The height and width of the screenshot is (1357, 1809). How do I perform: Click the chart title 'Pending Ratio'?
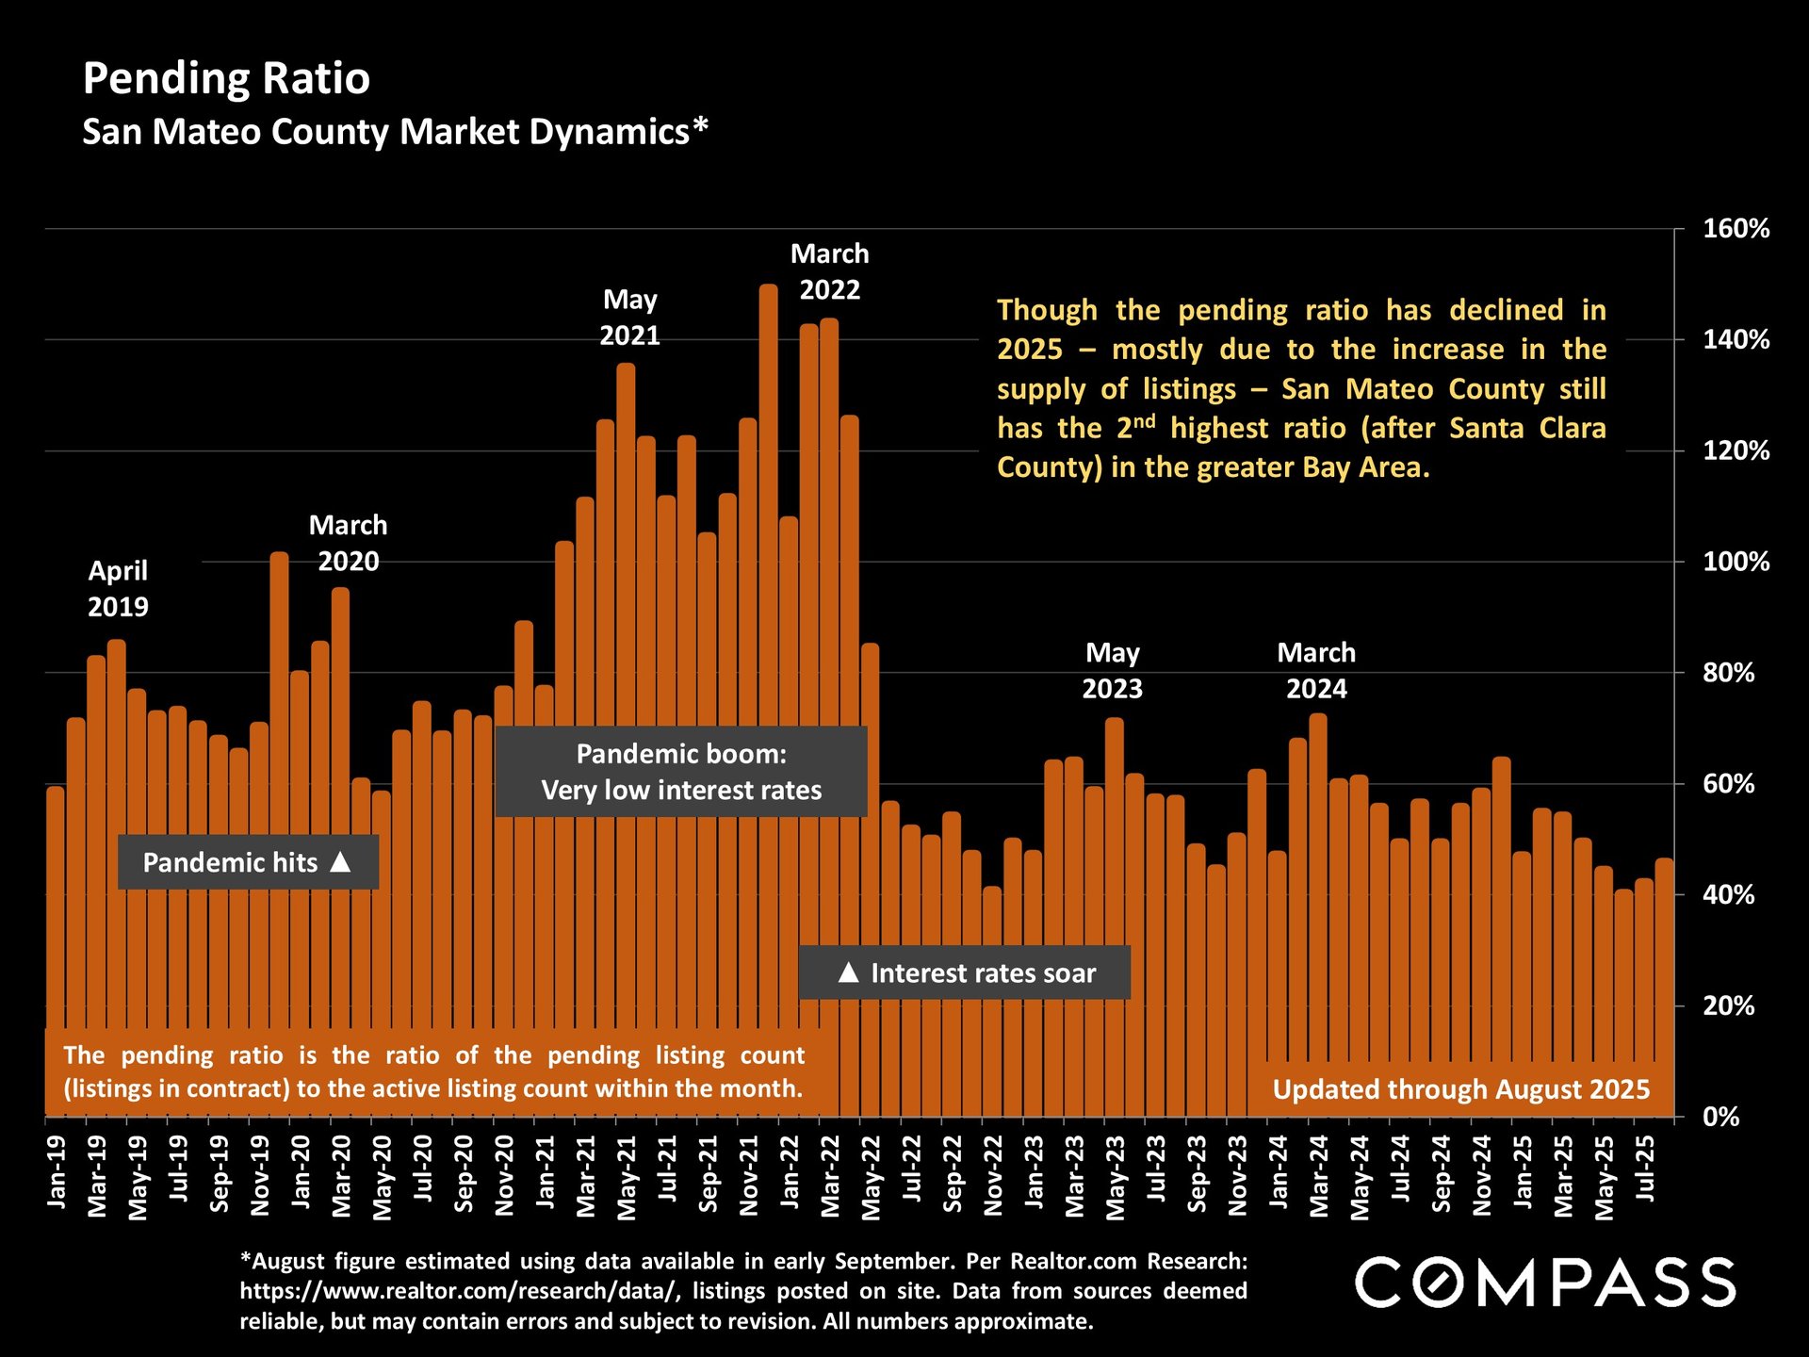[x=226, y=78]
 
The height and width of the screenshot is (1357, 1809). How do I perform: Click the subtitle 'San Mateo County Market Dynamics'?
[x=394, y=132]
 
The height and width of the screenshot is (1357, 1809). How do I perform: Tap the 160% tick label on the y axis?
[x=1736, y=229]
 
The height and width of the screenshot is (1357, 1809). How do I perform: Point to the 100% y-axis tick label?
[x=1736, y=563]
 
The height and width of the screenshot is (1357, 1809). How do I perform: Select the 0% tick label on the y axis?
[x=1720, y=1118]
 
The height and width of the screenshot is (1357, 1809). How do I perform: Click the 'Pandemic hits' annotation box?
[x=248, y=862]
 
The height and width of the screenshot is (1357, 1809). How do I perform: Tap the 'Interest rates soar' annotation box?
[x=965, y=973]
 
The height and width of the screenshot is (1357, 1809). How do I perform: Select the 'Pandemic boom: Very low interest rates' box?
[x=680, y=772]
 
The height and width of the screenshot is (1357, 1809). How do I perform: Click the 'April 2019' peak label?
[x=118, y=588]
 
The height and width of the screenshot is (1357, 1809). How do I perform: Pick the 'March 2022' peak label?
[x=829, y=271]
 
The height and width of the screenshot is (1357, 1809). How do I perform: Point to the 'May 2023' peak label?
[x=1112, y=670]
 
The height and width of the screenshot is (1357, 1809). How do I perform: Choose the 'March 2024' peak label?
[x=1316, y=670]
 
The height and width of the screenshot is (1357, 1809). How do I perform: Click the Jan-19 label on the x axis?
[x=57, y=1171]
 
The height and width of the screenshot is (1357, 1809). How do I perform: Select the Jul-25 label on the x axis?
[x=1646, y=1169]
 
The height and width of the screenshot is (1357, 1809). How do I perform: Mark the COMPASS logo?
[x=1545, y=1283]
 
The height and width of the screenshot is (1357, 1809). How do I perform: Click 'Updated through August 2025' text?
[x=1461, y=1089]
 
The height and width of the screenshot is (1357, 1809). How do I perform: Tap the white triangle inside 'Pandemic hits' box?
[x=341, y=861]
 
